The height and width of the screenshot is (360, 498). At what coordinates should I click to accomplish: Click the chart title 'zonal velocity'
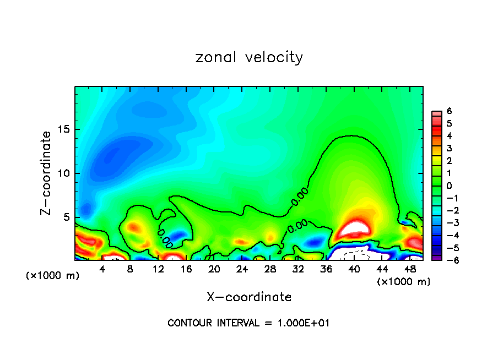249,57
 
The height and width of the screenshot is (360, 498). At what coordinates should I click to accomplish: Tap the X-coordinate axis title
249,297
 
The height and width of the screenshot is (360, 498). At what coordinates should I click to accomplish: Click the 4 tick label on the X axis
102,269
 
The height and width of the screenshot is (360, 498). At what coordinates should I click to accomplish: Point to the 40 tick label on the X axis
354,269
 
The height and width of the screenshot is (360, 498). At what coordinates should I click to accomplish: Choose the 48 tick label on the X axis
410,269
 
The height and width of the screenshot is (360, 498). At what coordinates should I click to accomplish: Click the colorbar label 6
449,111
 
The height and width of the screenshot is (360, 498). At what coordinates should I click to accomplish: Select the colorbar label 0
449,186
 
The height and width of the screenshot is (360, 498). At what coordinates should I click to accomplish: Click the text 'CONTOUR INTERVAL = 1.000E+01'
248,323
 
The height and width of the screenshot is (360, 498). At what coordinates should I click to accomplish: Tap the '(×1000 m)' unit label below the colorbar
403,282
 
